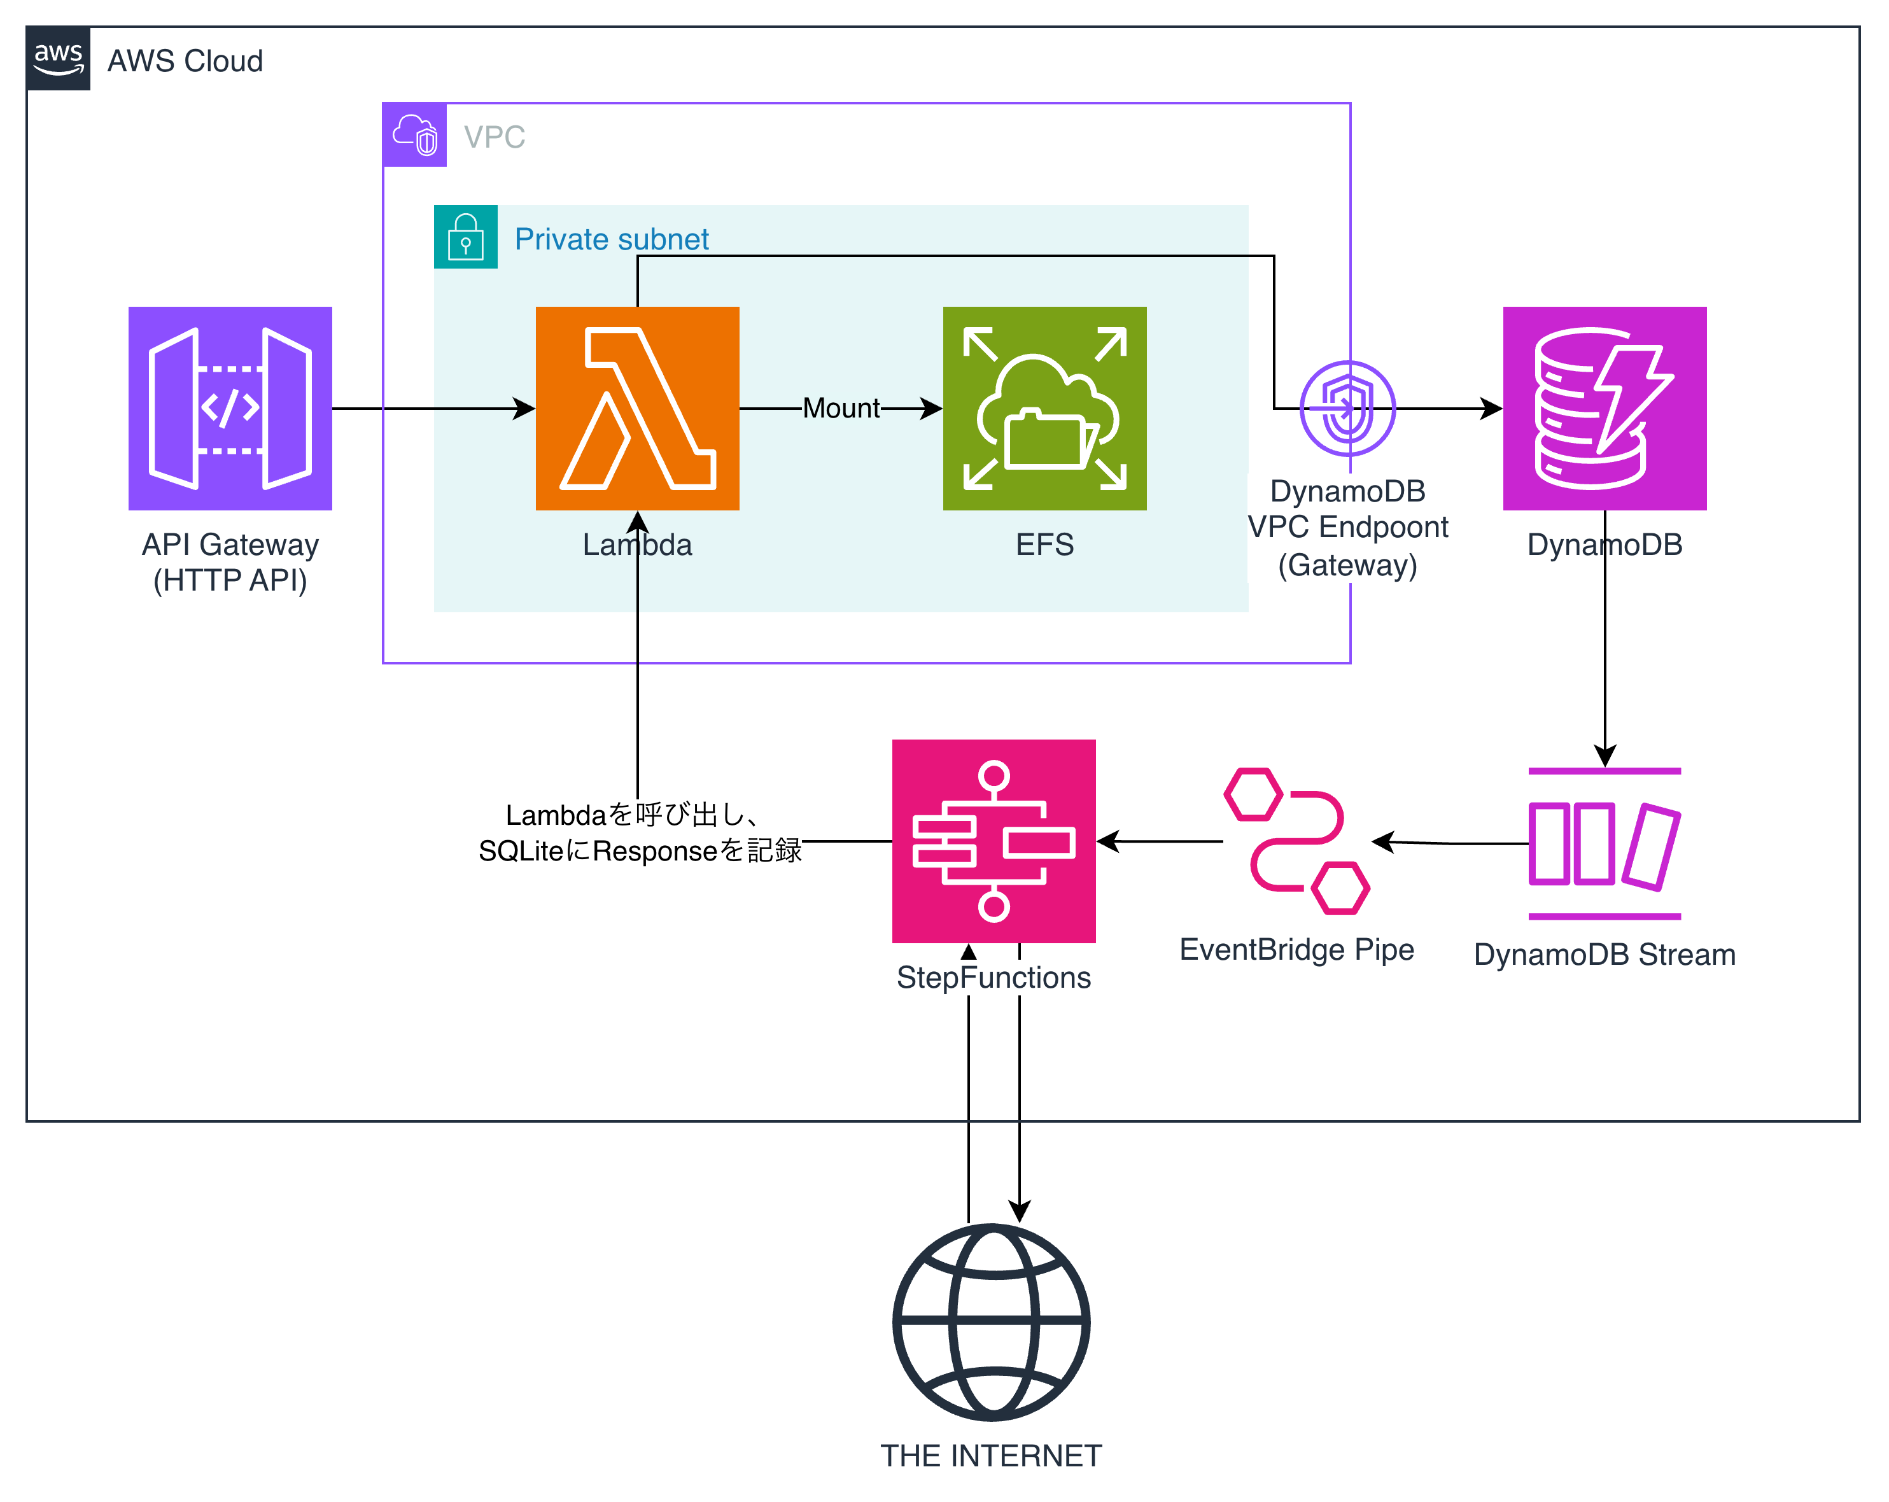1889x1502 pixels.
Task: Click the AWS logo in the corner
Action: click(58, 59)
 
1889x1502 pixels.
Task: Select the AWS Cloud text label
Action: click(185, 61)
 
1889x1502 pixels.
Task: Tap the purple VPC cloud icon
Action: click(414, 135)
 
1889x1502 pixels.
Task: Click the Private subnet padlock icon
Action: click(465, 237)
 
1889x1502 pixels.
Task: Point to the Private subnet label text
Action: click(612, 239)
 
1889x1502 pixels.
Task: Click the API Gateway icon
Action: click(230, 409)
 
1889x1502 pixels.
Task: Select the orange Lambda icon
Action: click(637, 409)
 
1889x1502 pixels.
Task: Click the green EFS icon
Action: click(1044, 409)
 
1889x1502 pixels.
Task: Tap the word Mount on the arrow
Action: click(841, 409)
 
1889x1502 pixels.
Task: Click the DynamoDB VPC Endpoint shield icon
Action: click(1347, 409)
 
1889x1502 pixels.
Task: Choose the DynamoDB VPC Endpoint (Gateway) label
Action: click(1347, 528)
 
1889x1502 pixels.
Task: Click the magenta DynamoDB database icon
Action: click(1605, 409)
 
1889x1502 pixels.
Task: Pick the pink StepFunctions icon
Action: click(994, 841)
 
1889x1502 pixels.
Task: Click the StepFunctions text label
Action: click(994, 977)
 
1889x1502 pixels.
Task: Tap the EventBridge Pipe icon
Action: click(1296, 841)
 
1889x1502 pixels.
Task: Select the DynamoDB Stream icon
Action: click(1605, 844)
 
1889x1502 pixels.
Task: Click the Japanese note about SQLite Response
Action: click(640, 833)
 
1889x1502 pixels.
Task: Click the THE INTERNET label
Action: click(991, 1456)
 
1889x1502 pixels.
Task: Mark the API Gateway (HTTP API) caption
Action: click(230, 562)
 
